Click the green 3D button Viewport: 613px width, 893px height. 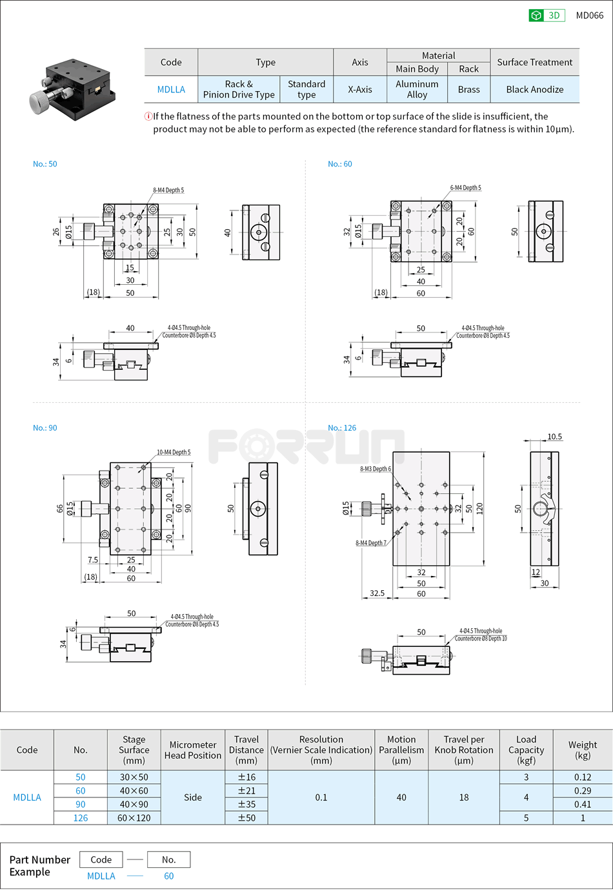tap(546, 15)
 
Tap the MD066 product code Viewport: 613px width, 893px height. tap(589, 15)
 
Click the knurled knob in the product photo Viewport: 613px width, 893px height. tap(41, 100)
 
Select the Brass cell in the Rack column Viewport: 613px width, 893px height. tap(468, 90)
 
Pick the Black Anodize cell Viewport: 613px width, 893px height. tap(534, 90)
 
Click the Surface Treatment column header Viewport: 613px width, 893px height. tap(534, 62)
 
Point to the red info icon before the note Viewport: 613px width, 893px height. tap(148, 116)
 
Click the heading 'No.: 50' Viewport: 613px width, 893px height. tap(45, 164)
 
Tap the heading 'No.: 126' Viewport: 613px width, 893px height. tap(342, 428)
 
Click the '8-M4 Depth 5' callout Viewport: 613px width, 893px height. tap(168, 190)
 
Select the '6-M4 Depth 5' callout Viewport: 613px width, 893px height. tap(465, 188)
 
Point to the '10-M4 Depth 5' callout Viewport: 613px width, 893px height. tap(174, 453)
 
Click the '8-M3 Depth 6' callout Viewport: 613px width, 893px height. tap(375, 469)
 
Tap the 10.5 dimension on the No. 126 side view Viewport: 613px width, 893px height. tap(554, 437)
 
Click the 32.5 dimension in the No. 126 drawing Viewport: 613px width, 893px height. tap(377, 593)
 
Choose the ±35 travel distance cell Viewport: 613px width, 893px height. tap(246, 805)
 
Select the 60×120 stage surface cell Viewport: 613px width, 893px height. tap(134, 818)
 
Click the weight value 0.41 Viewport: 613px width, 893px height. tap(582, 805)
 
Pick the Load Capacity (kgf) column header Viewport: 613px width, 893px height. tap(526, 750)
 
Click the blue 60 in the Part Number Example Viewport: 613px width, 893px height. tap(168, 876)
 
